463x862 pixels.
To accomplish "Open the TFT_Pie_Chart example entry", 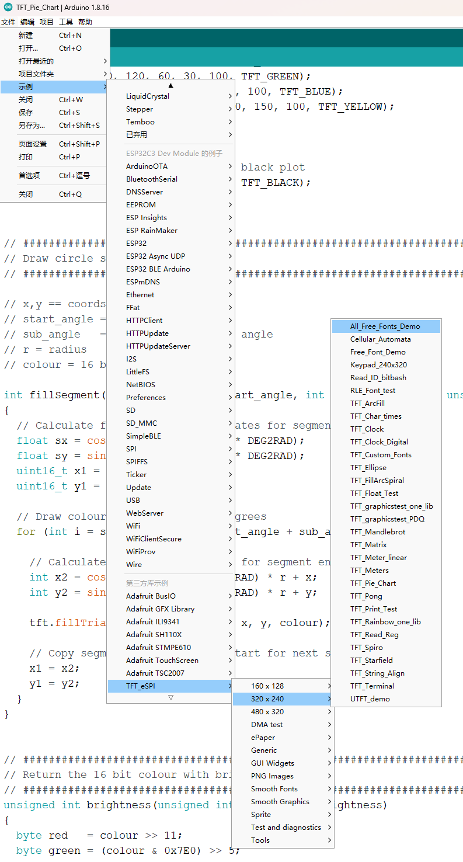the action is tap(373, 583).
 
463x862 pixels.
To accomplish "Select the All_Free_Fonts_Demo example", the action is tap(385, 326).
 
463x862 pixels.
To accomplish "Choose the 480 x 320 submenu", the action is tap(267, 711).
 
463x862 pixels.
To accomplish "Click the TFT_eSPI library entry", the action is tap(141, 686).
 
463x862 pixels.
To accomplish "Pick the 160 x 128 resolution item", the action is tap(267, 686).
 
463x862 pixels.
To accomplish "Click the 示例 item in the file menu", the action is tap(26, 87).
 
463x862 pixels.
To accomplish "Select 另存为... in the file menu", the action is tap(32, 126).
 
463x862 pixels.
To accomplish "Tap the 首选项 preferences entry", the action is tap(29, 175).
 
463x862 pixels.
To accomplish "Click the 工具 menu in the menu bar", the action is tap(66, 22).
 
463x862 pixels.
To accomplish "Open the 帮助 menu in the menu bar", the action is tap(85, 22).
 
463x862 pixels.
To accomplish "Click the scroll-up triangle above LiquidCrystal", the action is tap(171, 85).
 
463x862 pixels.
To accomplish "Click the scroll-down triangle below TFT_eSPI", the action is tap(171, 697).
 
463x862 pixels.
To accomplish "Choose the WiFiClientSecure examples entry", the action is tap(154, 538).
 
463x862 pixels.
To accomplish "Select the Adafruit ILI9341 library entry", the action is tap(152, 621).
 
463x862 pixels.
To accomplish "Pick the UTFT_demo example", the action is tap(370, 699).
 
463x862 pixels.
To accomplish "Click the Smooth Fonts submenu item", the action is tap(274, 789).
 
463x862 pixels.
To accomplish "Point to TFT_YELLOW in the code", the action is tap(350, 107).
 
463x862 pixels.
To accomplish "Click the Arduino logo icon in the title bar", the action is tap(8, 8).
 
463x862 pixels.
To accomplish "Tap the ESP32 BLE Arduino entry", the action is tap(158, 269).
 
